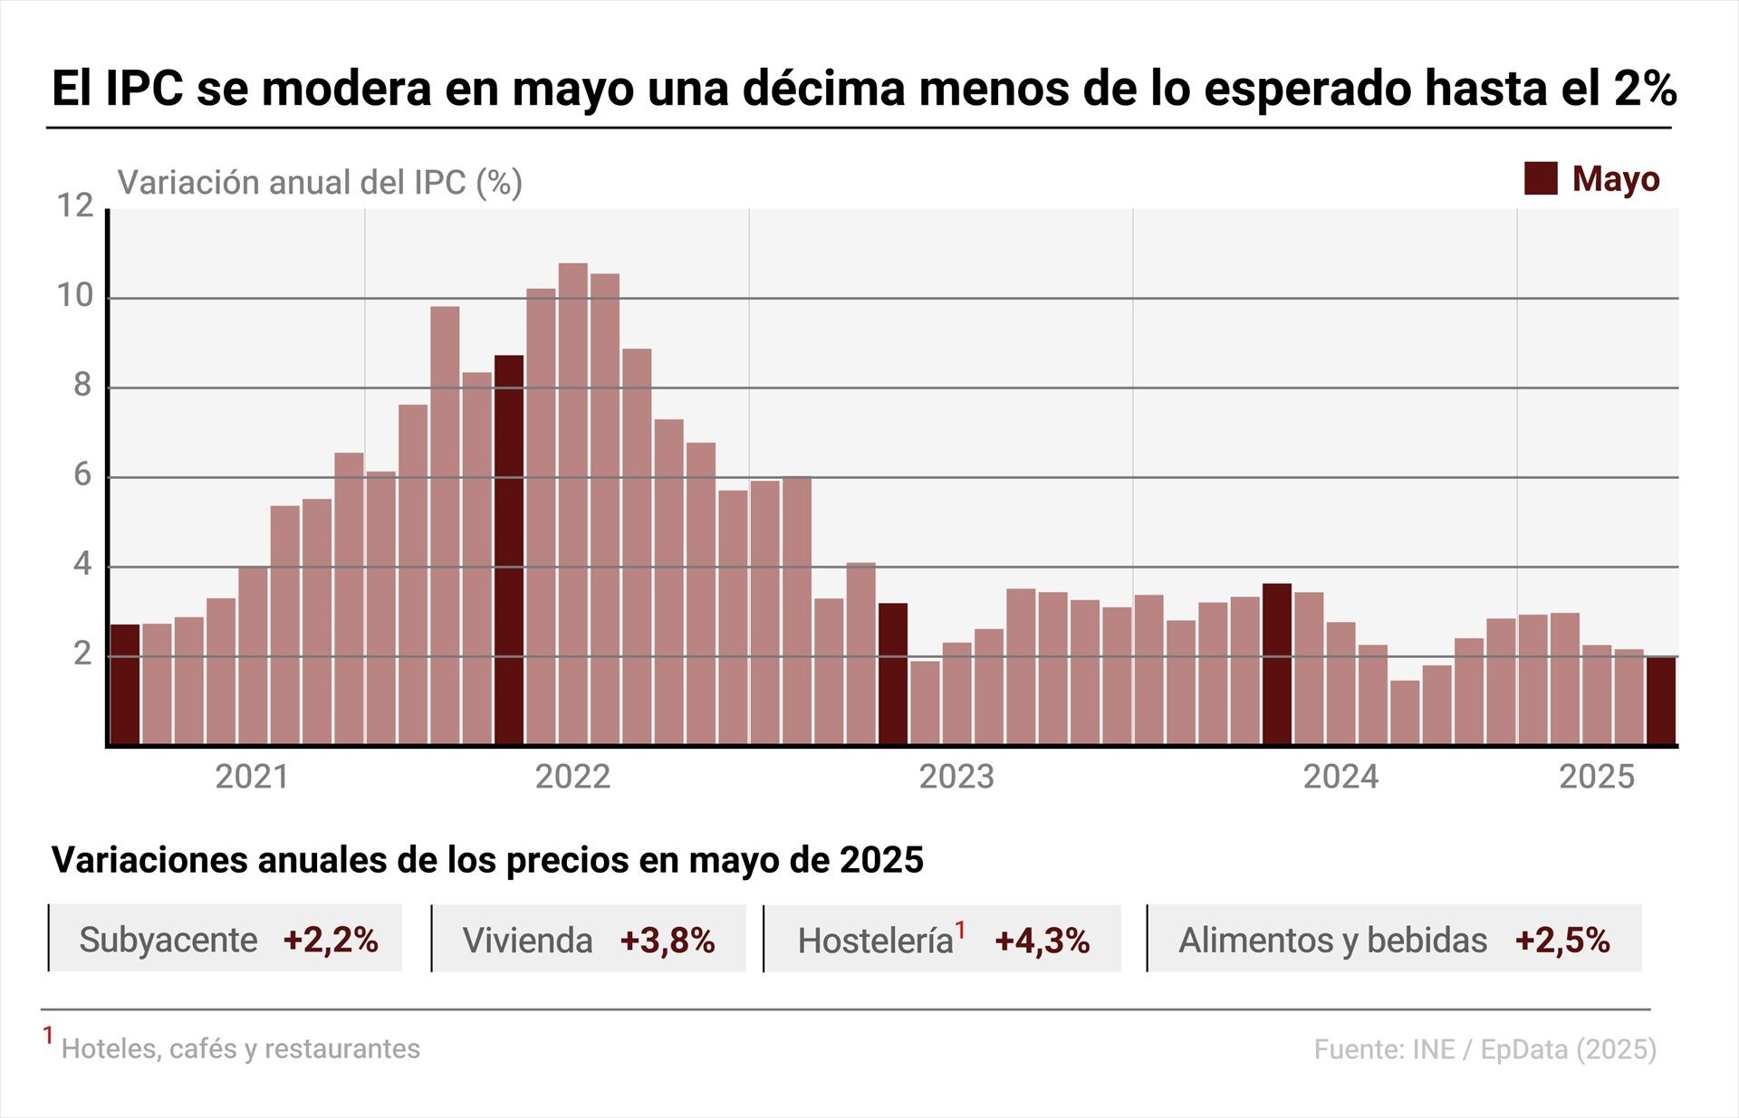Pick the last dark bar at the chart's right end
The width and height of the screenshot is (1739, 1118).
click(x=1660, y=701)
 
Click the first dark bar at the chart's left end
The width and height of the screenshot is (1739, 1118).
click(x=125, y=684)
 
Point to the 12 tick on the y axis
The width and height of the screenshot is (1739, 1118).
click(x=75, y=206)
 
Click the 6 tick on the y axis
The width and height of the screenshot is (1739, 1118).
click(x=82, y=475)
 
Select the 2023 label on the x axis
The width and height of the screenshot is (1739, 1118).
click(x=956, y=777)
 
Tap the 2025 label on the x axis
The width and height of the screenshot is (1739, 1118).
click(x=1596, y=777)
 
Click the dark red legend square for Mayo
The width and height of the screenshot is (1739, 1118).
click(x=1541, y=178)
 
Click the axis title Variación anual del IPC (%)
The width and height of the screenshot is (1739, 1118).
click(x=320, y=182)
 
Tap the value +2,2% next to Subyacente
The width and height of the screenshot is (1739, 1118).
click(x=331, y=940)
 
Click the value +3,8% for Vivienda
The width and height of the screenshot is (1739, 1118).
click(x=668, y=941)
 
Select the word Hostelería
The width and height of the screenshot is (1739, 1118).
click(x=875, y=941)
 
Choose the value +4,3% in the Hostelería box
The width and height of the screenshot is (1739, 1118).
click(x=1042, y=941)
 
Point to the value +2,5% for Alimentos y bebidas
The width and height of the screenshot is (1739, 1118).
click(x=1562, y=940)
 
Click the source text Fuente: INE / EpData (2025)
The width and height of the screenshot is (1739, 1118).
click(x=1484, y=1049)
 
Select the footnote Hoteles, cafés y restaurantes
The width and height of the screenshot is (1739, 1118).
click(x=240, y=1048)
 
